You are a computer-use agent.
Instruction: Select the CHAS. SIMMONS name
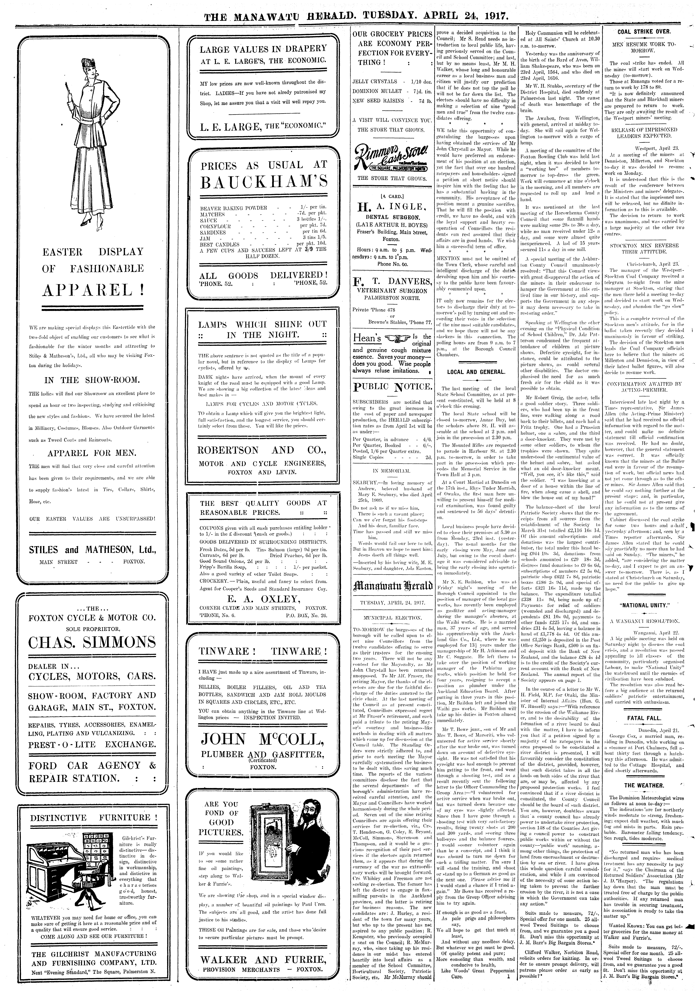point(92,642)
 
